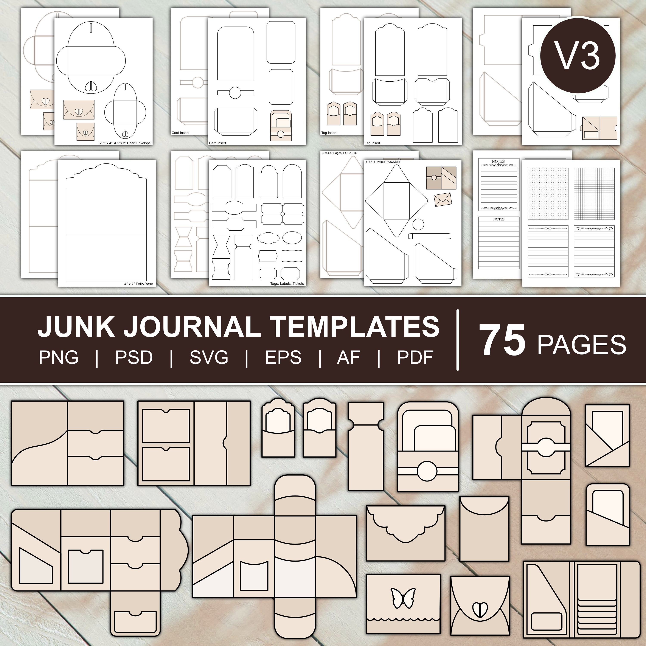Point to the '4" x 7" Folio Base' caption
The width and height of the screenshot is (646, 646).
pos(138,284)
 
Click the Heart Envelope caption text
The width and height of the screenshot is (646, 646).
pos(125,143)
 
